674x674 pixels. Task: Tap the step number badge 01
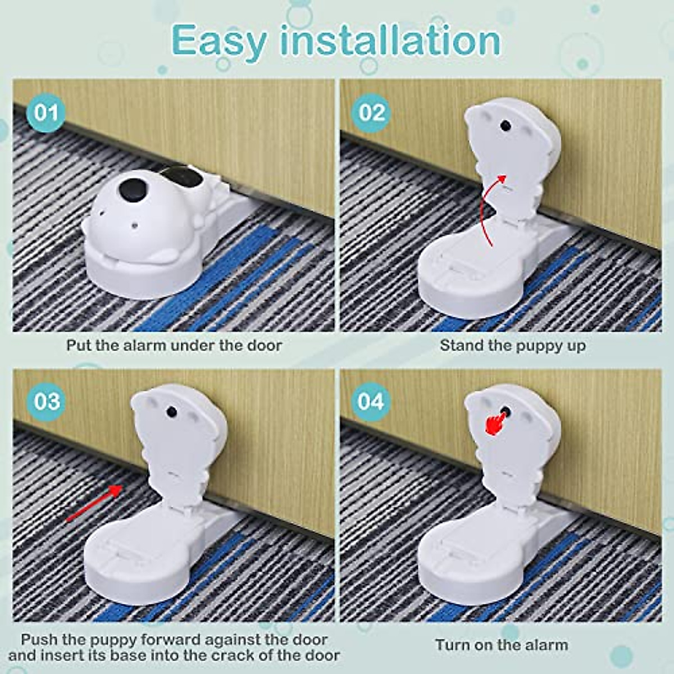pos(46,112)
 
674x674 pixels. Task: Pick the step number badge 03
pos(46,402)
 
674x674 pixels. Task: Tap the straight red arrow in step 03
pos(94,503)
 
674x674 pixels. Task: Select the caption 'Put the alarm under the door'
pos(174,345)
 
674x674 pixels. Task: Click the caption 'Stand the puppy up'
pos(512,345)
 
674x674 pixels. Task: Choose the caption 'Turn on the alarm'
pos(501,645)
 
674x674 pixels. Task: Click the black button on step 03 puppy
pos(171,413)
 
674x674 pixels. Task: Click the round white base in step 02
pos(472,281)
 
